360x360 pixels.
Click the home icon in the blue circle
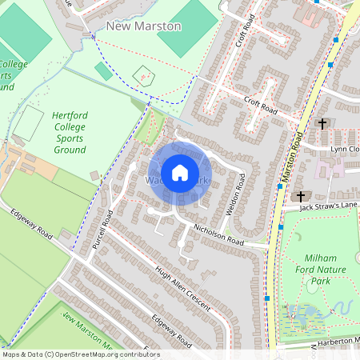[180, 173]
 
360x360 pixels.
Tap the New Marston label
[144, 26]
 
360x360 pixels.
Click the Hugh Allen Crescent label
[182, 289]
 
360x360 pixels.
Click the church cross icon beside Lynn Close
[322, 124]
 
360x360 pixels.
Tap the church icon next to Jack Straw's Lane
[302, 196]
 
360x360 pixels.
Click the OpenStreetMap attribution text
[80, 354]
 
